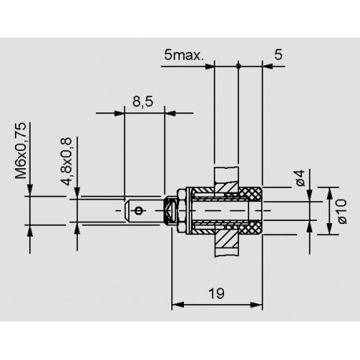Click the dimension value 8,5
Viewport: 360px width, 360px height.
(143, 103)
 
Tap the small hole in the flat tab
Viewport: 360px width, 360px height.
(139, 210)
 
